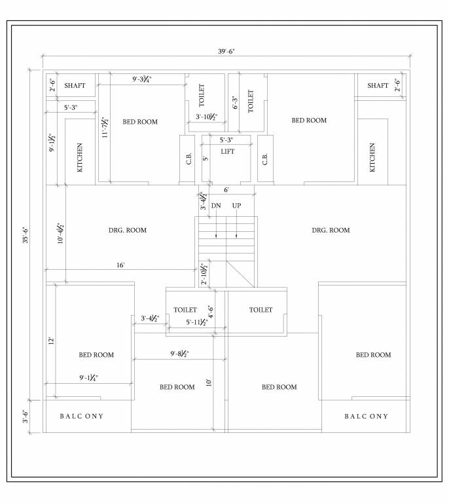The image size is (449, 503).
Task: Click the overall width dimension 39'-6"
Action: click(x=225, y=51)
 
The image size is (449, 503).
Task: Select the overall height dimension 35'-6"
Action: click(x=26, y=234)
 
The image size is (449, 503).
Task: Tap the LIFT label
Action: click(x=227, y=151)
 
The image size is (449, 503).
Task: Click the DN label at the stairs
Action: click(x=216, y=206)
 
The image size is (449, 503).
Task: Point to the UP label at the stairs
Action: click(x=236, y=206)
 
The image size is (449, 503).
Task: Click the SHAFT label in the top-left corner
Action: click(x=75, y=86)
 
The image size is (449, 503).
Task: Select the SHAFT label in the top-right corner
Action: click(x=378, y=86)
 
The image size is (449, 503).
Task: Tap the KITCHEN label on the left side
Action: click(x=81, y=157)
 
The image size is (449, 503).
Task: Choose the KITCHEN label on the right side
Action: click(x=372, y=157)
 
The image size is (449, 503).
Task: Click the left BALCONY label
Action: click(x=82, y=417)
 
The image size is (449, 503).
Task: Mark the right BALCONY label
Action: click(x=366, y=417)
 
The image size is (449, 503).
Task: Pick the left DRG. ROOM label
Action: click(x=128, y=231)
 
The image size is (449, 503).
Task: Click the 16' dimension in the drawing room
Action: click(x=121, y=265)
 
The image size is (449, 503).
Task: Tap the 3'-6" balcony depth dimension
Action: click(x=26, y=417)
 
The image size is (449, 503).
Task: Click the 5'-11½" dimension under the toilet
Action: click(x=196, y=322)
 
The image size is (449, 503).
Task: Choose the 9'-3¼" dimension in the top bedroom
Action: click(x=142, y=79)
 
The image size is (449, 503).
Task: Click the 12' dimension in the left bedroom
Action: click(x=50, y=341)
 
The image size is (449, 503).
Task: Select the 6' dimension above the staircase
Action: click(x=226, y=190)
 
